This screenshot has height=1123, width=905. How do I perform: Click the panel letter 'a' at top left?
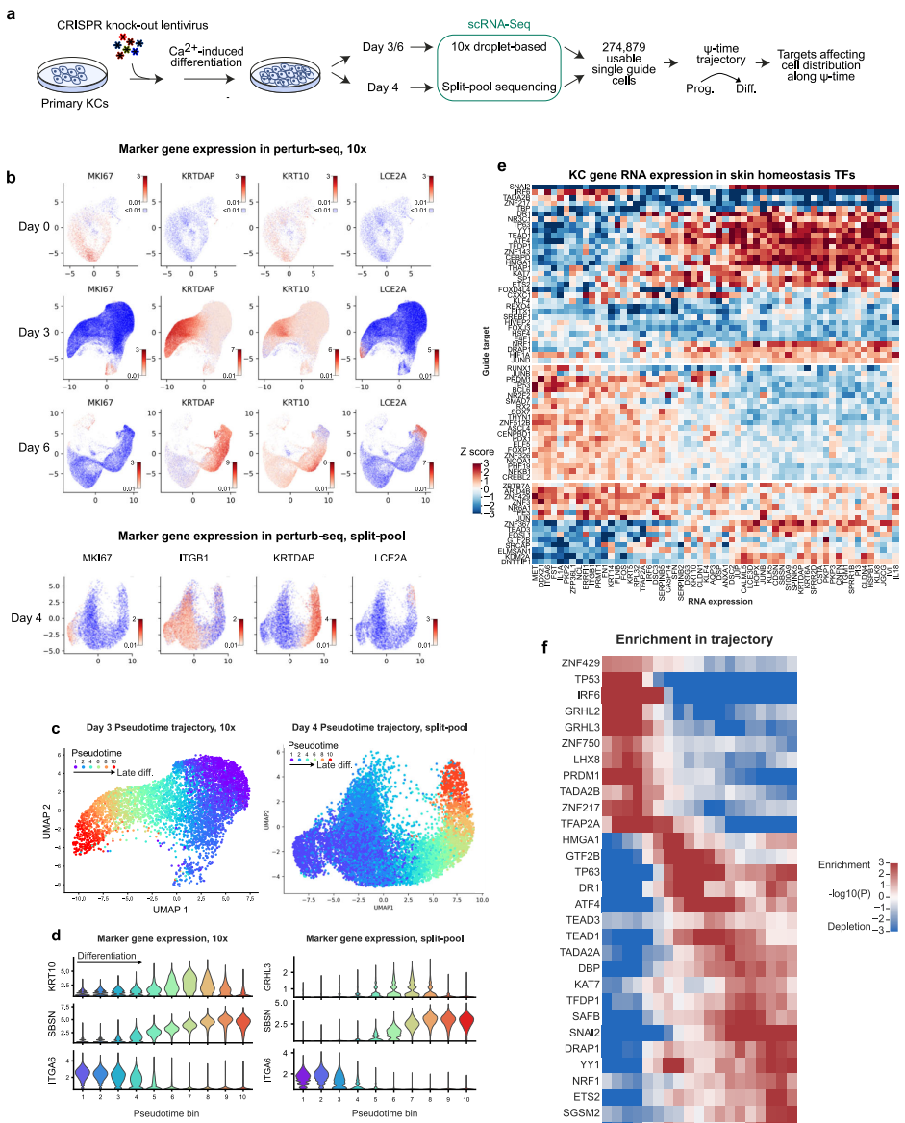pos(11,15)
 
